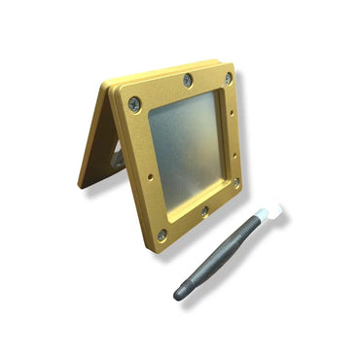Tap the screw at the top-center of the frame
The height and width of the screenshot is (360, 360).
[188, 80]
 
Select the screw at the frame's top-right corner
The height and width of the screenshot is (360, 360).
[229, 77]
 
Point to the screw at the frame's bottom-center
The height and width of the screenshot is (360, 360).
[204, 210]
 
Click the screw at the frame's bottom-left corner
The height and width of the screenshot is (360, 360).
[162, 234]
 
